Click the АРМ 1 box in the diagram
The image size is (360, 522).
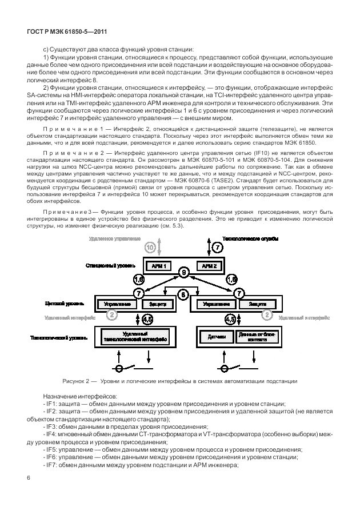coord(158,266)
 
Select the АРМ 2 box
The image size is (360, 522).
coord(209,266)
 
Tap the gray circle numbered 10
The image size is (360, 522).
coord(150,248)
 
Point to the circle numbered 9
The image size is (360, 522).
coord(184,273)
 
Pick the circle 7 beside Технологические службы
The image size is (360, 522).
coord(217,248)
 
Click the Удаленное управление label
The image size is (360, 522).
coord(114,238)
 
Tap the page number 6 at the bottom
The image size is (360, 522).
coord(28,478)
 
